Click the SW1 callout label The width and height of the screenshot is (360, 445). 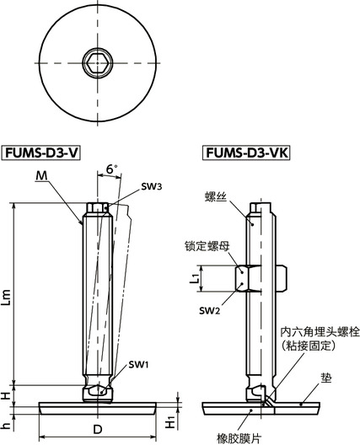pos(140,364)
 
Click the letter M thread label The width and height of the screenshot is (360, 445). pos(42,176)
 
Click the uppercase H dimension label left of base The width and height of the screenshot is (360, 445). pos(8,394)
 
